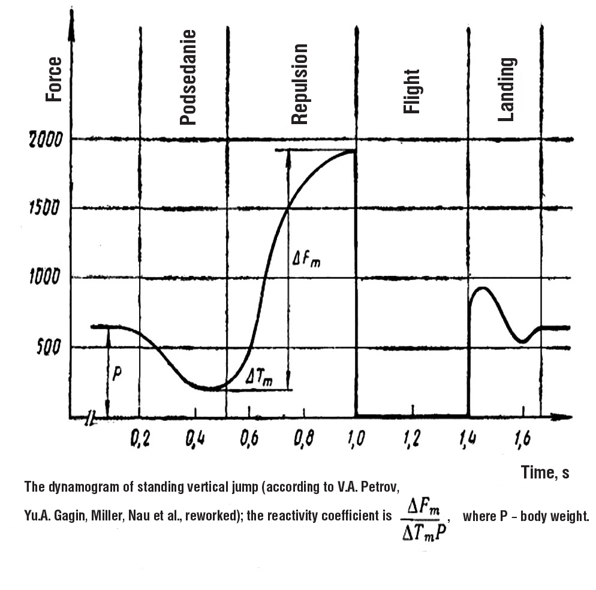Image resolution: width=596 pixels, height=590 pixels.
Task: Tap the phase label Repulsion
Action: (299, 84)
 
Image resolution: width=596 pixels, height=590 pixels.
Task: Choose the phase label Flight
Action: (412, 91)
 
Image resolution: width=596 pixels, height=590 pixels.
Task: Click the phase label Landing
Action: (507, 89)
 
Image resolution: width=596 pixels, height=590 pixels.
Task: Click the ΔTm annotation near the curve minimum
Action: (260, 378)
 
